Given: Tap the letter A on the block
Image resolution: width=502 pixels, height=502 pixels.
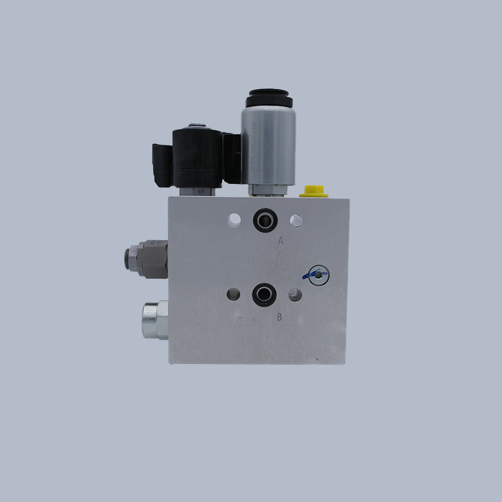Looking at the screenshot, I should click(280, 240).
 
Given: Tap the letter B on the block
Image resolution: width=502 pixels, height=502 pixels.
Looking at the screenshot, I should click(279, 317).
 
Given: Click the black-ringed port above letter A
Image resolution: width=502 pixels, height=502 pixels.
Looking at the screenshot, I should click(263, 220).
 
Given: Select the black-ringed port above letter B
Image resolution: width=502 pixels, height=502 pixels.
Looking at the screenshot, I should click(262, 294).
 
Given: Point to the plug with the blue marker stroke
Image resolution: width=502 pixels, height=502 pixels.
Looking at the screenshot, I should click(318, 273).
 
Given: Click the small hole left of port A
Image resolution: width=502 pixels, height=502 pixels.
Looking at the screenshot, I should click(234, 220).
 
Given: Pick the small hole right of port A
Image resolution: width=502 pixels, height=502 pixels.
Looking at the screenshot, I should click(296, 220).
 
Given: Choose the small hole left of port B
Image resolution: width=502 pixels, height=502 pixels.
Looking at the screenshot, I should click(233, 294).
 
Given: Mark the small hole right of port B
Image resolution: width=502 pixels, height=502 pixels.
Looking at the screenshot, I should click(294, 294).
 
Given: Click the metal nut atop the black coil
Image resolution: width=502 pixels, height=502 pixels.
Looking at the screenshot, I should click(200, 125).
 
